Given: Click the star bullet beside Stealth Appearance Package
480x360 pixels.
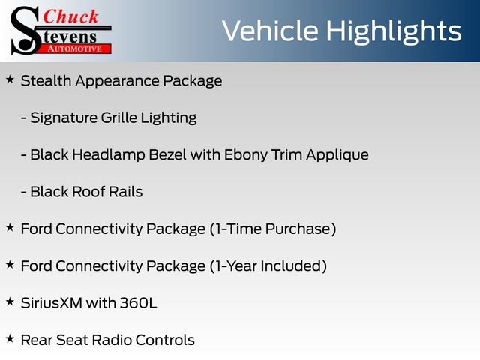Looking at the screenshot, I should click(x=9, y=79).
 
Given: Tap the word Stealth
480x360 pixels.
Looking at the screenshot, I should click(x=46, y=81).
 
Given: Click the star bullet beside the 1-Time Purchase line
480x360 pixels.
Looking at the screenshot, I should click(x=9, y=226).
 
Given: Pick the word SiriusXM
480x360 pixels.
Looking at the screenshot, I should click(x=52, y=302).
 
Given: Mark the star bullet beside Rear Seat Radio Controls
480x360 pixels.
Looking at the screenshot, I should click(x=9, y=337).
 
